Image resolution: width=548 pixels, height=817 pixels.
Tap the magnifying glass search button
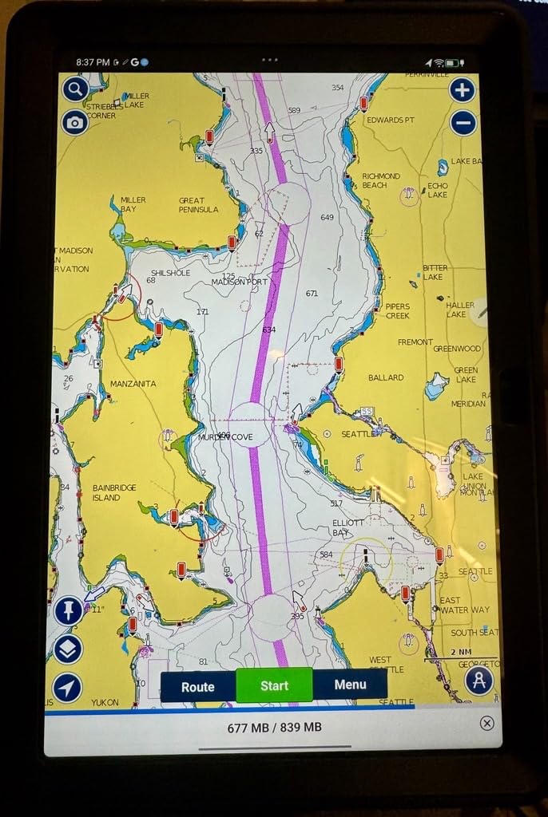click(75, 89)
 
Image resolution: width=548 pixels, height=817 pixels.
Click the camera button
click(75, 122)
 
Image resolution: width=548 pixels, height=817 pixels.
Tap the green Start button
click(274, 685)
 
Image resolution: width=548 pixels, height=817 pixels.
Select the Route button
click(198, 686)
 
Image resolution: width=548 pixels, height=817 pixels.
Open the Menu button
click(350, 685)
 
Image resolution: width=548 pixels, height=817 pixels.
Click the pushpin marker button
click(68, 610)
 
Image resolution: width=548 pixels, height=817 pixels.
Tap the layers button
click(68, 649)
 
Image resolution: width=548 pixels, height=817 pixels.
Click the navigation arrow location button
click(68, 687)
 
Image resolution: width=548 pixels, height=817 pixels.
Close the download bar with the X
click(486, 723)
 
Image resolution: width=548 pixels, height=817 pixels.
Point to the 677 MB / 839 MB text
click(274, 727)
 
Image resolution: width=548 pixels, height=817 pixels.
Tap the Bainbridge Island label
click(114, 492)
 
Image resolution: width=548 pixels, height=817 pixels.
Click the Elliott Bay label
click(347, 527)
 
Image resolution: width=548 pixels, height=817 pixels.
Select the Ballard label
click(386, 377)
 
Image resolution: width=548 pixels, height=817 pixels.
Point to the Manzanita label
click(133, 384)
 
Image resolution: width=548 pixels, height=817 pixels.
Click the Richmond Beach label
click(380, 180)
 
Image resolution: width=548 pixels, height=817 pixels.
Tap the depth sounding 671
click(312, 294)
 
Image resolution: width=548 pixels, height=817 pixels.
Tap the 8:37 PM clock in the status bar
click(93, 61)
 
